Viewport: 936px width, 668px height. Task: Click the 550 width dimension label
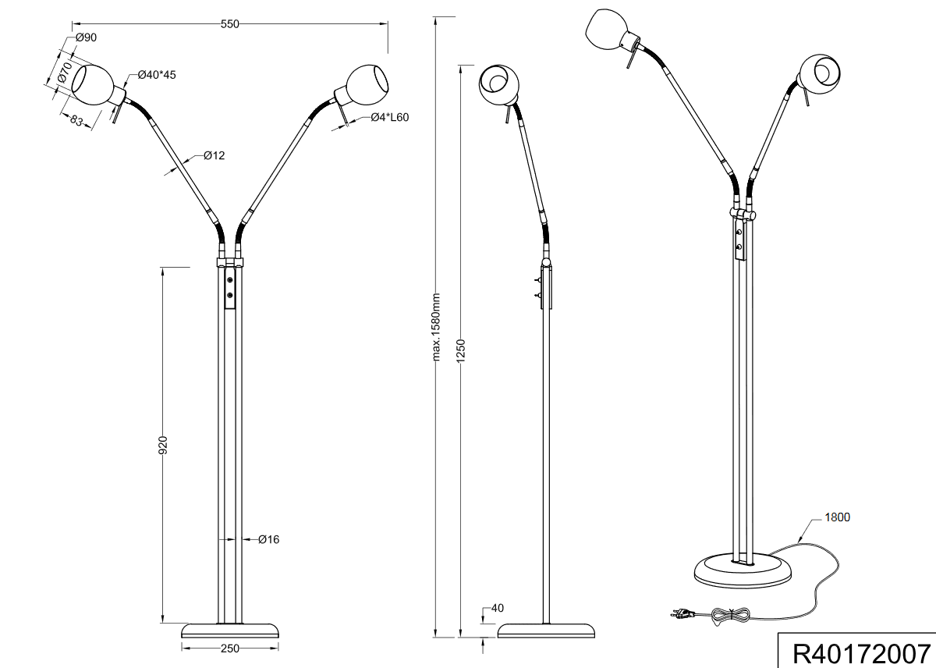229,24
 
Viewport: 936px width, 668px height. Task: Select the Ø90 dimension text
86,38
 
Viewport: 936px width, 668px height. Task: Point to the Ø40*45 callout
157,75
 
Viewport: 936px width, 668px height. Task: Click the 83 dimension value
76,121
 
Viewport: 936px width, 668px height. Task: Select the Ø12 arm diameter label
214,155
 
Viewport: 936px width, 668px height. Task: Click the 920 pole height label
163,446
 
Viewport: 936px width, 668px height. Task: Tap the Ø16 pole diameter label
268,539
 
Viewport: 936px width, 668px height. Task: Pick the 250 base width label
229,648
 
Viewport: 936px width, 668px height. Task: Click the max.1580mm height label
436,328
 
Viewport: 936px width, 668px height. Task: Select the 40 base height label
497,608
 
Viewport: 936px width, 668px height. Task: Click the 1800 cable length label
836,517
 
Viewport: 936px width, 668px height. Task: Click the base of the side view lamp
547,630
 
